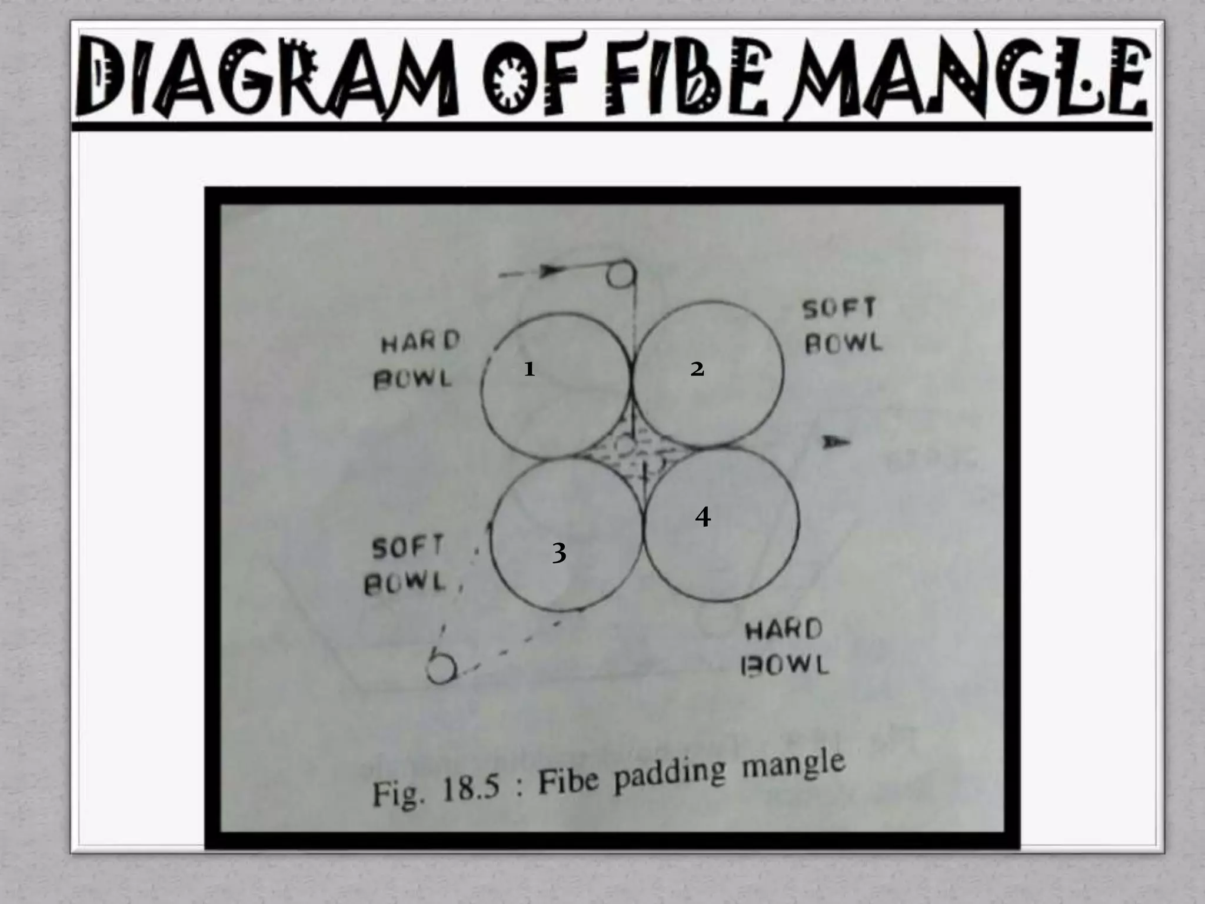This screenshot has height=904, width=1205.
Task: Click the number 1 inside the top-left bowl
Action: click(x=530, y=369)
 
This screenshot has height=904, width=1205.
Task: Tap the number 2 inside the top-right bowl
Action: click(x=697, y=369)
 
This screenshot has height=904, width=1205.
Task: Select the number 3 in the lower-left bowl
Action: click(x=559, y=553)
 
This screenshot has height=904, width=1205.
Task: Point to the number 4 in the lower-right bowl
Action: click(x=703, y=517)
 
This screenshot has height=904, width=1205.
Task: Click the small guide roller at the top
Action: click(x=621, y=274)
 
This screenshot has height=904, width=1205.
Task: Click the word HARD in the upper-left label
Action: click(x=420, y=342)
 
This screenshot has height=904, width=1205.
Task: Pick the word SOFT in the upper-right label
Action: click(x=840, y=308)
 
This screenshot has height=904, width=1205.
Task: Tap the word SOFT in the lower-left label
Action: click(x=407, y=548)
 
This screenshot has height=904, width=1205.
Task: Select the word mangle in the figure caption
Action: click(x=793, y=765)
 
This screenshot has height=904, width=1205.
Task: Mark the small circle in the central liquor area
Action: click(x=625, y=446)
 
